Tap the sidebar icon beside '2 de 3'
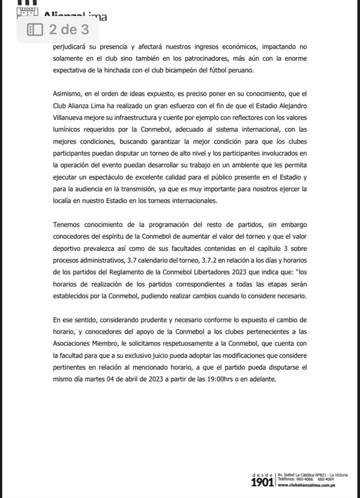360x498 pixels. pyautogui.click(x=35, y=28)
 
